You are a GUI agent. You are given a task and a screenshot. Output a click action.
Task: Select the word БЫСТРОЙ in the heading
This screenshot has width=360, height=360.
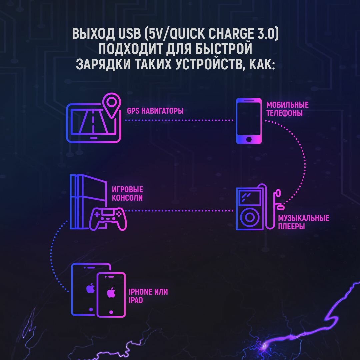click(x=223, y=49)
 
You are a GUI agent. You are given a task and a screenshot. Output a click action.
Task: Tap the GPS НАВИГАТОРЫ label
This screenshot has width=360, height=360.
click(x=155, y=111)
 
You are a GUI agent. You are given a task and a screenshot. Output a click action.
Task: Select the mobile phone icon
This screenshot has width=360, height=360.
click(x=249, y=121)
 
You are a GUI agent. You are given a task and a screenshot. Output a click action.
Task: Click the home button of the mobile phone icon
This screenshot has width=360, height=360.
click(x=249, y=139)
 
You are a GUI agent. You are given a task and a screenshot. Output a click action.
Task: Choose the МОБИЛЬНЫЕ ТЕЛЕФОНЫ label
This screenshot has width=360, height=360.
click(x=287, y=109)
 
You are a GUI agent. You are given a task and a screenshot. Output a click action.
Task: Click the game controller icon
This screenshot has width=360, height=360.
click(x=107, y=218)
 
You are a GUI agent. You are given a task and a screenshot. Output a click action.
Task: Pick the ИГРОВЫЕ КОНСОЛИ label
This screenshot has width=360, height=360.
click(x=127, y=194)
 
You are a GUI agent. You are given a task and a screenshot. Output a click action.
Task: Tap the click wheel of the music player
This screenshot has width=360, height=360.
click(x=249, y=218)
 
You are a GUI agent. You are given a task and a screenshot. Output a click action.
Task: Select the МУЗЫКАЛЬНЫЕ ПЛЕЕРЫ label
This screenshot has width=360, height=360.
click(x=303, y=222)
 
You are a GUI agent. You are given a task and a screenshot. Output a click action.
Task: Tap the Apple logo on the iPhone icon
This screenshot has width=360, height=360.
click(x=111, y=293)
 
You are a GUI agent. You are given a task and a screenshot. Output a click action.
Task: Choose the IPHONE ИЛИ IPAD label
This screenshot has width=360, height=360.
click(x=148, y=296)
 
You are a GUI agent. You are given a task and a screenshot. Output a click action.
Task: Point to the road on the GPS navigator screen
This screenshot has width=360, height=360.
click(x=93, y=121)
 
